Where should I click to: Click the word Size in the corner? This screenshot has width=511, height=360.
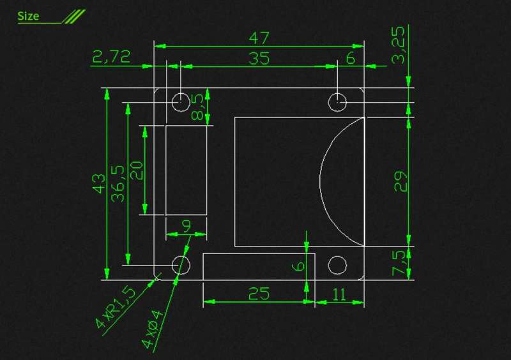[28, 16]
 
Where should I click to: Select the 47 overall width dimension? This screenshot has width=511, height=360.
[259, 38]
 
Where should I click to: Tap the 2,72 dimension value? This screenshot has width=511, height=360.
[111, 56]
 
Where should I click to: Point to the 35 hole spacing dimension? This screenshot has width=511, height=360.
[259, 58]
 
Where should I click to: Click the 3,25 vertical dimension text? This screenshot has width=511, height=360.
[398, 45]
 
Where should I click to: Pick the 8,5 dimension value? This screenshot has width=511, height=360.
[197, 107]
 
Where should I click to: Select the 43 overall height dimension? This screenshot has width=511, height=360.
[99, 183]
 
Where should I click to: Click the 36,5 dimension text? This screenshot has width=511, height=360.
[118, 184]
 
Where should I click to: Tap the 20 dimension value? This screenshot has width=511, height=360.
[137, 170]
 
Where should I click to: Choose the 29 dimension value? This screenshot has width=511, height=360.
[400, 181]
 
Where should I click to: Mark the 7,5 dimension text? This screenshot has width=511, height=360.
[398, 263]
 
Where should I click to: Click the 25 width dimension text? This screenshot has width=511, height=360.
[259, 294]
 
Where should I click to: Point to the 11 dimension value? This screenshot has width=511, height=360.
[339, 294]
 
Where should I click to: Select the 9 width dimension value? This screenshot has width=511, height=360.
[187, 226]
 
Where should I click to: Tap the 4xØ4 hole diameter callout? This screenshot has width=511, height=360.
[152, 329]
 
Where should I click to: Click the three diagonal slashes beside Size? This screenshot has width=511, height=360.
[74, 17]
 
